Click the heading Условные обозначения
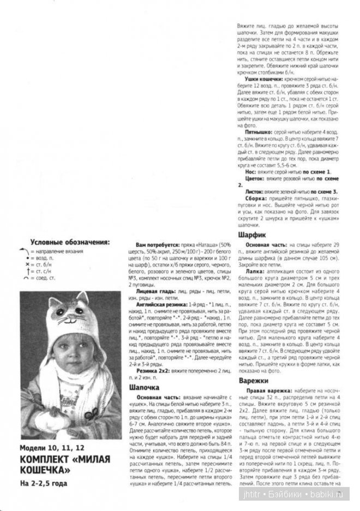pyautogui.click(x=69, y=242)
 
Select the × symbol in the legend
pyautogui.click(x=26, y=264)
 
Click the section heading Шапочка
pyautogui.click(x=145, y=387)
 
